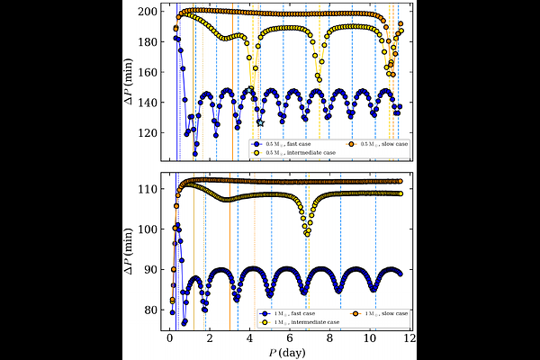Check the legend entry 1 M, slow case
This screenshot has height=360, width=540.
click(x=383, y=313)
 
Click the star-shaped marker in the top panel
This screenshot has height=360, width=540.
click(x=260, y=122)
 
